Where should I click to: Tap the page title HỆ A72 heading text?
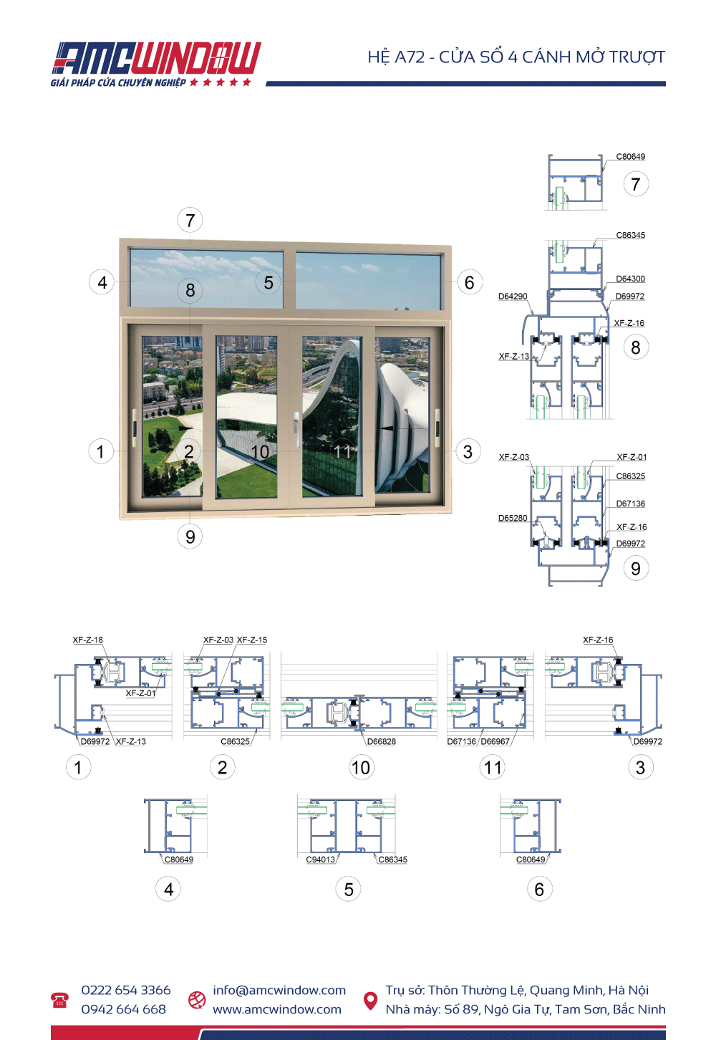coord(516,57)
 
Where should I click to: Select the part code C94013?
coord(320,860)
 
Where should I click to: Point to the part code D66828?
coord(381,741)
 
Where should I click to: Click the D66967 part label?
coord(495,741)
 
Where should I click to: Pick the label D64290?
coord(513,297)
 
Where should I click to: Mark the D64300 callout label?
coord(630,279)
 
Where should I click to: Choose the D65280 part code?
coord(513,519)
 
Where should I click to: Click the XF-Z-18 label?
coord(87,640)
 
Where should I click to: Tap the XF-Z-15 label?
coord(252,640)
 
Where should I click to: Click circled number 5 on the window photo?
coord(268,283)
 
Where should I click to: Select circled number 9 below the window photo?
coord(190,536)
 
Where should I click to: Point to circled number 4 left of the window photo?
coord(102,282)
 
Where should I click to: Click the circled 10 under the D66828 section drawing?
coord(361,768)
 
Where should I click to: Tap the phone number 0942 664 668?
coord(123,1009)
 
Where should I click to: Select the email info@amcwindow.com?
coord(279,990)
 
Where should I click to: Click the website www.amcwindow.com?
coord(276,1009)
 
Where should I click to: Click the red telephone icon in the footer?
coord(59,1000)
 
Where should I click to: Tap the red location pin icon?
coord(370,1000)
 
